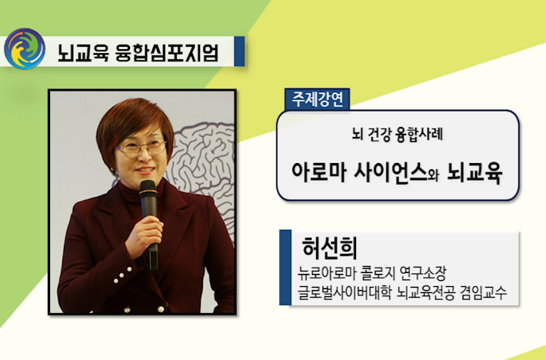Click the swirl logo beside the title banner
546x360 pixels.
(25, 48)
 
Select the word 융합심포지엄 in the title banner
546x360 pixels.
(167, 53)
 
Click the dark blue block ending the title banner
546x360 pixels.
(239, 52)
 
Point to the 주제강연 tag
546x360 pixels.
(318, 99)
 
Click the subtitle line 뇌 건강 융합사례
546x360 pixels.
(398, 135)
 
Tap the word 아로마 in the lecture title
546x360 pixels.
(318, 172)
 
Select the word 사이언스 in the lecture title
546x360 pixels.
(391, 172)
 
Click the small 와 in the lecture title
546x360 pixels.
(434, 175)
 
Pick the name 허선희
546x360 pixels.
(329, 248)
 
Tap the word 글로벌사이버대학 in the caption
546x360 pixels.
(345, 292)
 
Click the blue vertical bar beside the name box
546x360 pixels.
(285, 268)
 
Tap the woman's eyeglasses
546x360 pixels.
(141, 148)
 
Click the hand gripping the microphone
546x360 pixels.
(144, 235)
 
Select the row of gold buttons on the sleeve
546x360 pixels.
(122, 275)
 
